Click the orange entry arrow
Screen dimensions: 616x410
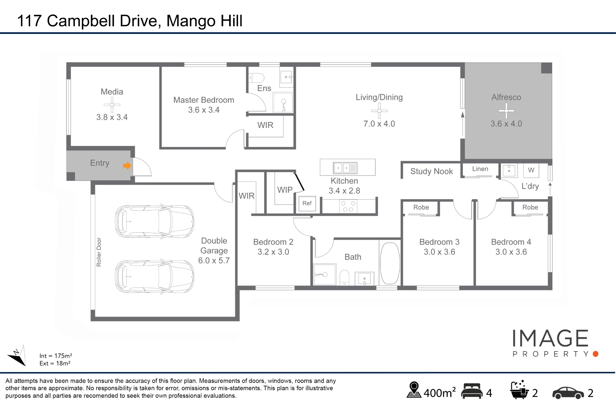click(127, 166)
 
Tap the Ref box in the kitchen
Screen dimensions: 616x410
click(307, 203)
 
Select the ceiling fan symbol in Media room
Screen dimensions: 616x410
click(112, 105)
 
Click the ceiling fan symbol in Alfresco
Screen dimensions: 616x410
click(506, 111)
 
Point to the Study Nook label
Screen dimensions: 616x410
click(432, 171)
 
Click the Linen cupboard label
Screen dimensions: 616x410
click(480, 169)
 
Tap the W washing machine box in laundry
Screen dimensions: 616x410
click(531, 170)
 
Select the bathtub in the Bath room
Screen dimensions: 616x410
click(390, 263)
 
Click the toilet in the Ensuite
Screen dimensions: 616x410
click(257, 78)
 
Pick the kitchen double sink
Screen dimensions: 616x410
click(345, 168)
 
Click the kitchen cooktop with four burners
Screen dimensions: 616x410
click(348, 207)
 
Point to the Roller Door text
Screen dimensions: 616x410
click(99, 252)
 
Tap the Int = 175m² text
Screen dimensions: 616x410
click(56, 356)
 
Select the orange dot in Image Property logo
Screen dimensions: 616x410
click(596, 354)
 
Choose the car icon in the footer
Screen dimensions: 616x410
click(568, 393)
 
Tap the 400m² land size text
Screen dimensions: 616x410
click(440, 393)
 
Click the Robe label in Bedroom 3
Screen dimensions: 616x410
click(421, 207)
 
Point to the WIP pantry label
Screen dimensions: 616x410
click(285, 190)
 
